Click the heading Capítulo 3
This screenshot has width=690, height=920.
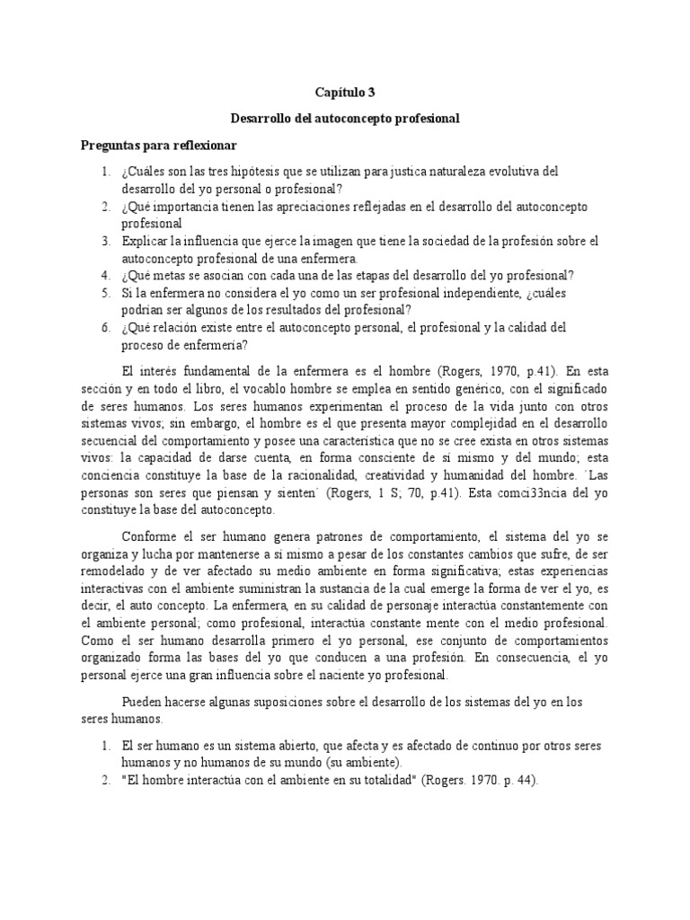pyautogui.click(x=344, y=92)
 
